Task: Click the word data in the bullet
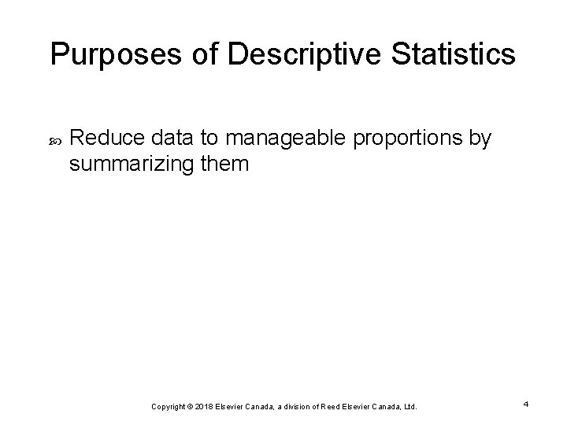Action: coord(166,139)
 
